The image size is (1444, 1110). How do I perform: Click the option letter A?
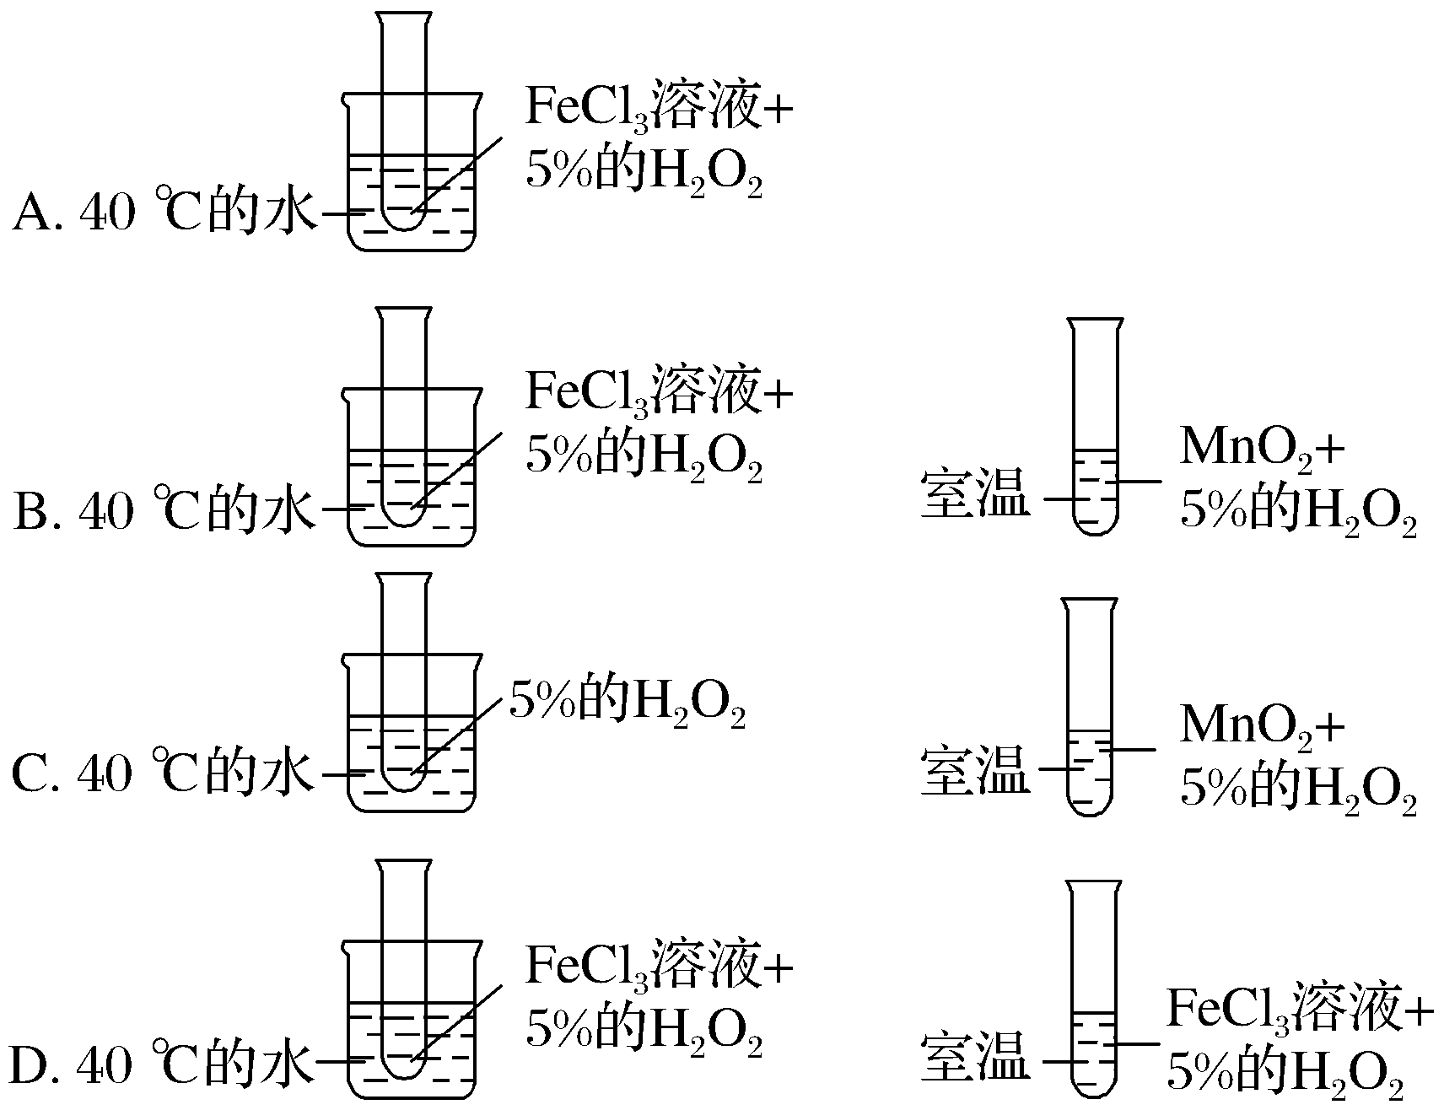32,213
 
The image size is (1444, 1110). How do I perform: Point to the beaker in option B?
412,498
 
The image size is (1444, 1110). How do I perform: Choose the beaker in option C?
412,763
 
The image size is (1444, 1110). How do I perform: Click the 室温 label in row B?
975,496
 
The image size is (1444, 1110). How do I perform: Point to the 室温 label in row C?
975,771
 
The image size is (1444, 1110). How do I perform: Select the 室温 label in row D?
975,1058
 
